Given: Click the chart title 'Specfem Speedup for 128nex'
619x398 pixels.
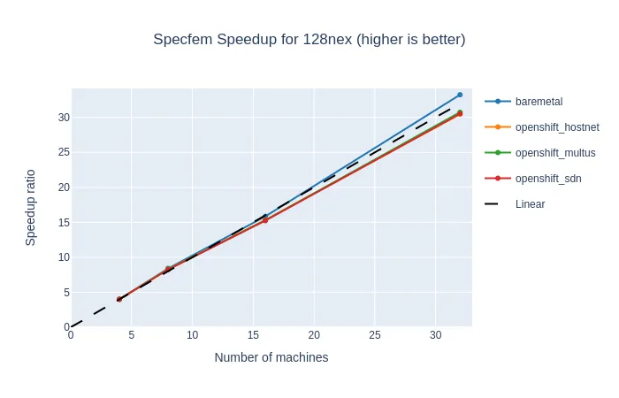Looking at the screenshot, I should (x=309, y=40).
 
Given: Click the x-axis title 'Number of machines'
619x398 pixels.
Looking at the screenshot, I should (x=271, y=358).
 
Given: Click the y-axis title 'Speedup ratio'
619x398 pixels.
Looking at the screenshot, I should (x=31, y=207).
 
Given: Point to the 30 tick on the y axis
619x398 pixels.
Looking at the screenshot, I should (x=63, y=118).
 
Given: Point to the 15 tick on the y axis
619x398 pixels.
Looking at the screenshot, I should (x=63, y=223).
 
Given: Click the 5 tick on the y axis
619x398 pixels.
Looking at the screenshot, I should (x=65, y=293).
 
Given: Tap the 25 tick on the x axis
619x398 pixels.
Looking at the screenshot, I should (x=375, y=335).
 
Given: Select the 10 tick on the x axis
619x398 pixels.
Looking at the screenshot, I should (x=192, y=335).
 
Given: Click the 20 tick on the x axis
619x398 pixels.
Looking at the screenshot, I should (x=314, y=335).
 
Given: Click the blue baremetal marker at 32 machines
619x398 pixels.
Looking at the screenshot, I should (x=460, y=95).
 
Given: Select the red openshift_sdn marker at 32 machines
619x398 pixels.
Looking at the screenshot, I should (x=460, y=114).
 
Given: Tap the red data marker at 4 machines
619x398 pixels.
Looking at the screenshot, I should (x=119, y=299).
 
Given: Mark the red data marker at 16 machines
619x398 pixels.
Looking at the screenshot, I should (x=265, y=220).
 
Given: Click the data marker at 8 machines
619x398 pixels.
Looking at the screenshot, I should (x=168, y=269).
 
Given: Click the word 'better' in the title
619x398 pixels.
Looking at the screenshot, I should (x=440, y=40).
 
